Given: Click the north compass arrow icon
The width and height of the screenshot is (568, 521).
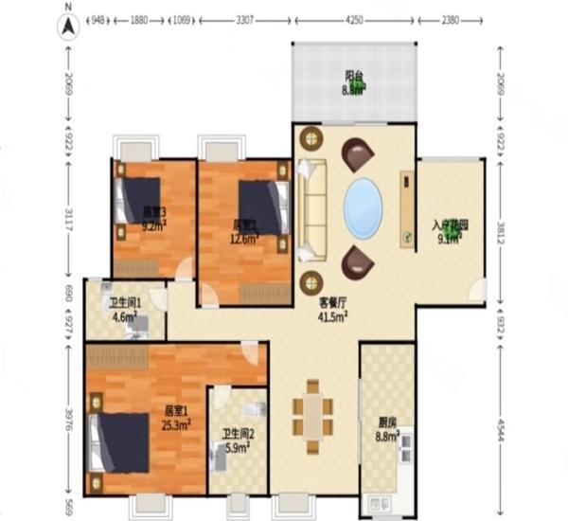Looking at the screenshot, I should click(x=68, y=27).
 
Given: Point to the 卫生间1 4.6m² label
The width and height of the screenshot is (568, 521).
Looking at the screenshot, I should click(x=125, y=311).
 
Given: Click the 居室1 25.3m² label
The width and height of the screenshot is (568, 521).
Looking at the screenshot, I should click(x=176, y=418).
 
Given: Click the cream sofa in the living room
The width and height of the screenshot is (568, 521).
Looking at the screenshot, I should click(x=312, y=209).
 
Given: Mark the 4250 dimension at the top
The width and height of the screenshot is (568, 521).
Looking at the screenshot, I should click(x=355, y=19).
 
